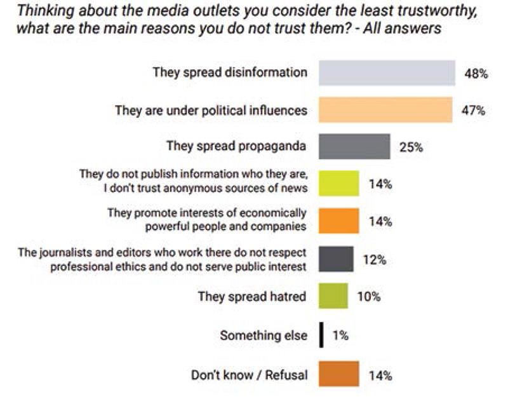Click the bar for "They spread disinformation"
click(386, 72)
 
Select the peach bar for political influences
click(385, 110)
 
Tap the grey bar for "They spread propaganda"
click(354, 146)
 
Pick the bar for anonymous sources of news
click(338, 184)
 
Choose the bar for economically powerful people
click(338, 221)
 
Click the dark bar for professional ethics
click(335, 259)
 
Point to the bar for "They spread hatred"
click(333, 296)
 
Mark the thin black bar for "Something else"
click(322, 335)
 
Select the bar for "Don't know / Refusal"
click(338, 374)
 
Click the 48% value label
click(476, 74)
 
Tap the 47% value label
click(472, 111)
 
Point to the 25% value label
click(410, 147)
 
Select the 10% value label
click(368, 297)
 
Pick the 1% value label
click(340, 335)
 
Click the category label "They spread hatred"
click(252, 296)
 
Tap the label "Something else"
click(264, 335)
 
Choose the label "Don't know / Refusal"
click(250, 375)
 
